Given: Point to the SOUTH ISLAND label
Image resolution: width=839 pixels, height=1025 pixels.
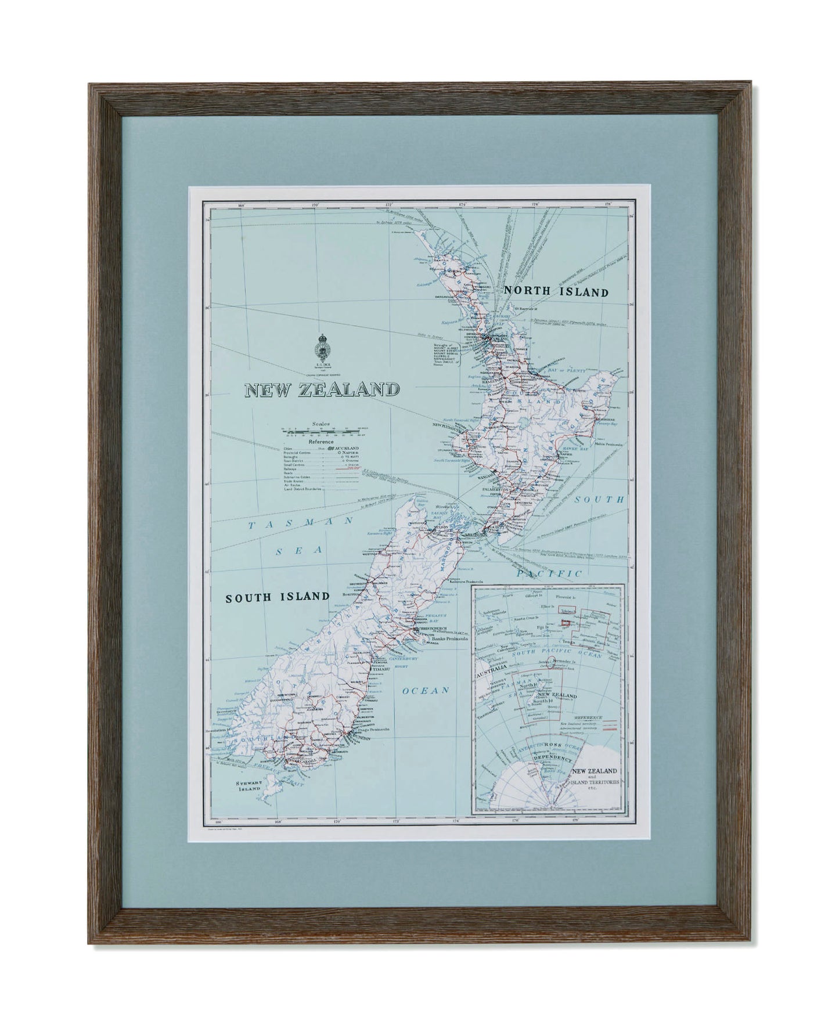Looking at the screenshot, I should (x=278, y=596).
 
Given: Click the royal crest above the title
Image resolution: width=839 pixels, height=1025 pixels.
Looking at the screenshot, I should (x=321, y=348).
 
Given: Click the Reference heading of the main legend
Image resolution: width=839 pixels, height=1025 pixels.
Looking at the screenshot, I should (x=321, y=441).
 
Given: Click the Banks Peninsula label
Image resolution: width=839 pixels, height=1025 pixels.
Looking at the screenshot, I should (x=445, y=638).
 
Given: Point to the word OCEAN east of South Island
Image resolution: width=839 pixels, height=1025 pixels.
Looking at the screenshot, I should (x=426, y=691).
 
